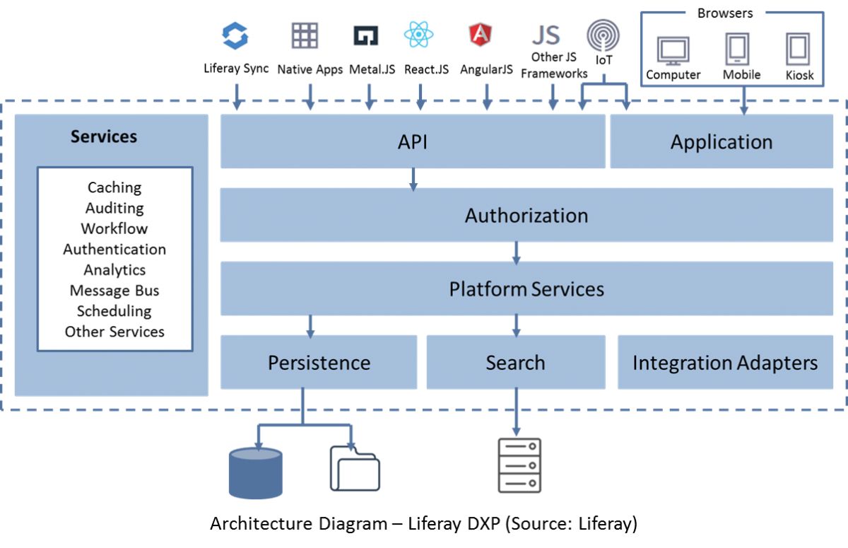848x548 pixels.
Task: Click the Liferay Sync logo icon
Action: [x=235, y=35]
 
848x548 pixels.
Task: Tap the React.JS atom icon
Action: [x=418, y=34]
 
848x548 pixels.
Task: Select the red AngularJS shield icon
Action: [x=481, y=34]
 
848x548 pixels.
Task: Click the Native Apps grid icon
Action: [x=305, y=35]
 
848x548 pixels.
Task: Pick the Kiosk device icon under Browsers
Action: [x=798, y=49]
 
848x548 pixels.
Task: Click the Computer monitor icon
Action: [x=673, y=51]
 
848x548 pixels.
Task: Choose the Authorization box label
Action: [x=526, y=216]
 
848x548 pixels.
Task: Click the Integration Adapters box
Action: [x=725, y=363]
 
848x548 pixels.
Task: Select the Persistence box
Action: [x=319, y=363]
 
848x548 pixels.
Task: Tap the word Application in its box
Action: [x=721, y=142]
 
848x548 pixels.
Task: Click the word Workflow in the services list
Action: [x=114, y=228]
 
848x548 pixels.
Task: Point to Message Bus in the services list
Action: [x=114, y=291]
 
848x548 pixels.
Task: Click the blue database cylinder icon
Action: [x=256, y=472]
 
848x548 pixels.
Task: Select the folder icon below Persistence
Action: [x=355, y=468]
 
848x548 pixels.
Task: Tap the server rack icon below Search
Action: [x=519, y=465]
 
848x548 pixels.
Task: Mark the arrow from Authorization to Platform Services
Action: [x=517, y=252]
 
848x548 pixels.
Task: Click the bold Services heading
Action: [x=104, y=136]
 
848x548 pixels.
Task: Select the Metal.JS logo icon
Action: [x=365, y=35]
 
